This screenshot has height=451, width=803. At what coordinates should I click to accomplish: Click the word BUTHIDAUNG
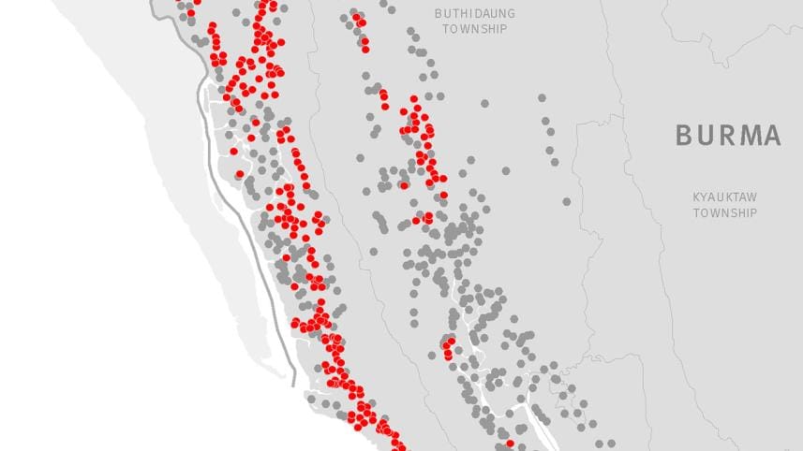[470, 13]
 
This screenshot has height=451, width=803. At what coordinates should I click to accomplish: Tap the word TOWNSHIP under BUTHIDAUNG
[470, 29]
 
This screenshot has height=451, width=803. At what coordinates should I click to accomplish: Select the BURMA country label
[728, 136]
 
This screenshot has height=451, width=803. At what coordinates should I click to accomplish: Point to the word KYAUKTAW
[724, 197]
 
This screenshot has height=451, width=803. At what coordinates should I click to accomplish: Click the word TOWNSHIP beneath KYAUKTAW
[724, 213]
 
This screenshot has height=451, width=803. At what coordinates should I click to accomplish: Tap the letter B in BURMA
[685, 136]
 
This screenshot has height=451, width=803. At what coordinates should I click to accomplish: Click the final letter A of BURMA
[770, 136]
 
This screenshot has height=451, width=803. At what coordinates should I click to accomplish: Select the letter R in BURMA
[725, 136]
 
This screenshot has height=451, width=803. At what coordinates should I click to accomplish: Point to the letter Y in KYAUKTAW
[706, 197]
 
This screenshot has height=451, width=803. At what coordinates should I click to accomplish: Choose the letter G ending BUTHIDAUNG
[503, 13]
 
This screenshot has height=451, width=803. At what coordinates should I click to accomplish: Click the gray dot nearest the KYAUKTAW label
[566, 201]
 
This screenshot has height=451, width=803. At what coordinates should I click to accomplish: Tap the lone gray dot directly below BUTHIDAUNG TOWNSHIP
[484, 103]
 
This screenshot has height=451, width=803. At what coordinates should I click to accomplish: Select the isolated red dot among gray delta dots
[510, 443]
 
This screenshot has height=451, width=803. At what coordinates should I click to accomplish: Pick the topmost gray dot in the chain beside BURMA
[542, 97]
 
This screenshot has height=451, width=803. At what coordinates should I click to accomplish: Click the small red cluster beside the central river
[448, 349]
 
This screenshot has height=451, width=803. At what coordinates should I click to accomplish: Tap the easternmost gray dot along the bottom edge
[611, 444]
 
